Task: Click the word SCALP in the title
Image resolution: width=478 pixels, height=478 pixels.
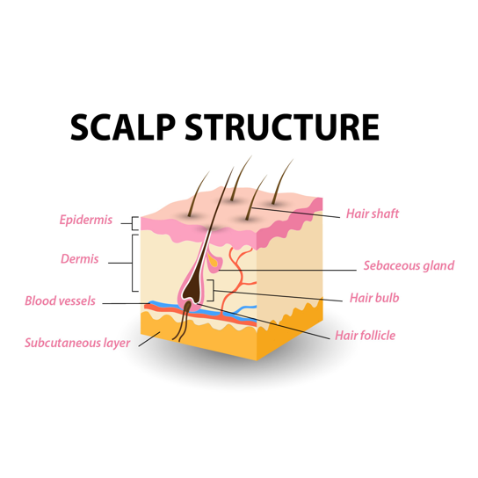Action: (123, 127)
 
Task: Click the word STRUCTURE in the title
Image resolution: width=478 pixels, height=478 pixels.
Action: (282, 127)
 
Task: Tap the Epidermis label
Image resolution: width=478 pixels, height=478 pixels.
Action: (86, 220)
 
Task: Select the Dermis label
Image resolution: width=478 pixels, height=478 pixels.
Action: (80, 259)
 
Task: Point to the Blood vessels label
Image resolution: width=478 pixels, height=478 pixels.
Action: (60, 301)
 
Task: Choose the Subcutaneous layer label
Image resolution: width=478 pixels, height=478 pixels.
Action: (77, 344)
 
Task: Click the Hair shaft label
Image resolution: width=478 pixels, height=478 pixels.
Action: (373, 214)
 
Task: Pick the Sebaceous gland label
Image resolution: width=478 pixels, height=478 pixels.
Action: (409, 265)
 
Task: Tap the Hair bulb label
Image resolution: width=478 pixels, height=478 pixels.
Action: (374, 298)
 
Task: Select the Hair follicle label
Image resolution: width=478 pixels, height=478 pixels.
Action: (365, 336)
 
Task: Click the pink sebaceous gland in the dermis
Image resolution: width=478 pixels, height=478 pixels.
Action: (214, 262)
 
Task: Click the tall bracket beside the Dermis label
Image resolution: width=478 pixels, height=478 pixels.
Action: (133, 263)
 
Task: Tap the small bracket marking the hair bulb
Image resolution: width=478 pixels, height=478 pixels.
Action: (213, 290)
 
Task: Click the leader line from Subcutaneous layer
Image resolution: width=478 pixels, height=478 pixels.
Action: (149, 339)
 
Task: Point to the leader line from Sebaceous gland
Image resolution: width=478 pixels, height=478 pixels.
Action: (287, 270)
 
